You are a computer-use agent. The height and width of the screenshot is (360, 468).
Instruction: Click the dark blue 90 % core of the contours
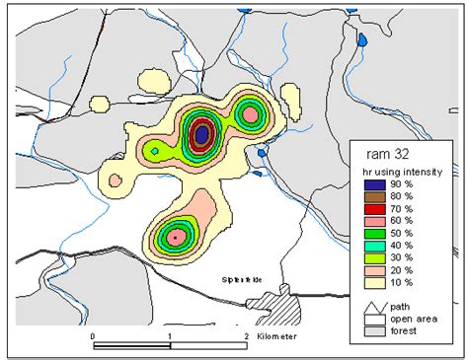(201, 133)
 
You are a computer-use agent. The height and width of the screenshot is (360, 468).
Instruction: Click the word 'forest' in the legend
(401, 328)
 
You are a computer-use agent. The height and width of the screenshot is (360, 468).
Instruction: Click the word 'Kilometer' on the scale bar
(279, 337)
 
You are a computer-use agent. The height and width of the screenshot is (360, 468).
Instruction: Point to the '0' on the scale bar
(92, 337)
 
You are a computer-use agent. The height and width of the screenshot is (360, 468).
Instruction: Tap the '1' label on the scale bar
(170, 337)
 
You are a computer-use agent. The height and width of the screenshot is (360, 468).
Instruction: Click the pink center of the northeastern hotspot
(251, 115)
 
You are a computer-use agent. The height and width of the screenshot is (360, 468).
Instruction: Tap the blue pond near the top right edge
(362, 40)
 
